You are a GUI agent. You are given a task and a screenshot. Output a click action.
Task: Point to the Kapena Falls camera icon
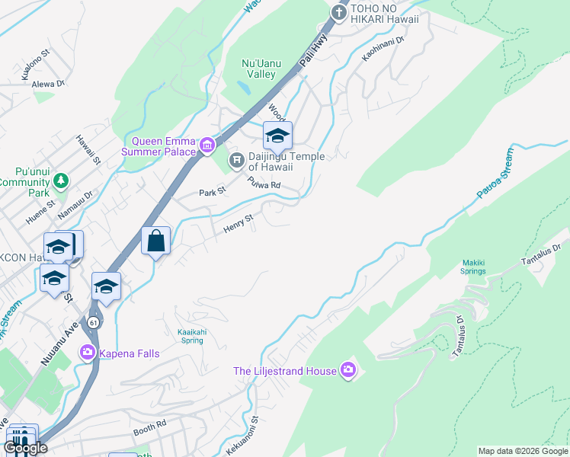[x=88, y=351]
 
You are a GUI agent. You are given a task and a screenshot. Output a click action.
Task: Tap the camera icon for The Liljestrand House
[x=348, y=371]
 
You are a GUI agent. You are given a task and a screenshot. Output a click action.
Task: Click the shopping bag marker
[x=155, y=241]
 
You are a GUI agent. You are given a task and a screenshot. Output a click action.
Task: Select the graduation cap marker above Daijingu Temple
[x=277, y=136]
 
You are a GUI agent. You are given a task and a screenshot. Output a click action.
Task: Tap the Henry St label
[x=237, y=223]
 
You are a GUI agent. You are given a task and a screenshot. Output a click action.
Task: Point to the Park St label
[x=212, y=192]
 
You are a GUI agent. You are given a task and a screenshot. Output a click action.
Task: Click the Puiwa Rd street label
[x=264, y=184]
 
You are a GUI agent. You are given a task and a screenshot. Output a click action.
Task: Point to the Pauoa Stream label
[x=496, y=173]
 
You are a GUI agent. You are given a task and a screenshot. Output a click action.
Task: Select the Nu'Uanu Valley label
[x=258, y=69]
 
